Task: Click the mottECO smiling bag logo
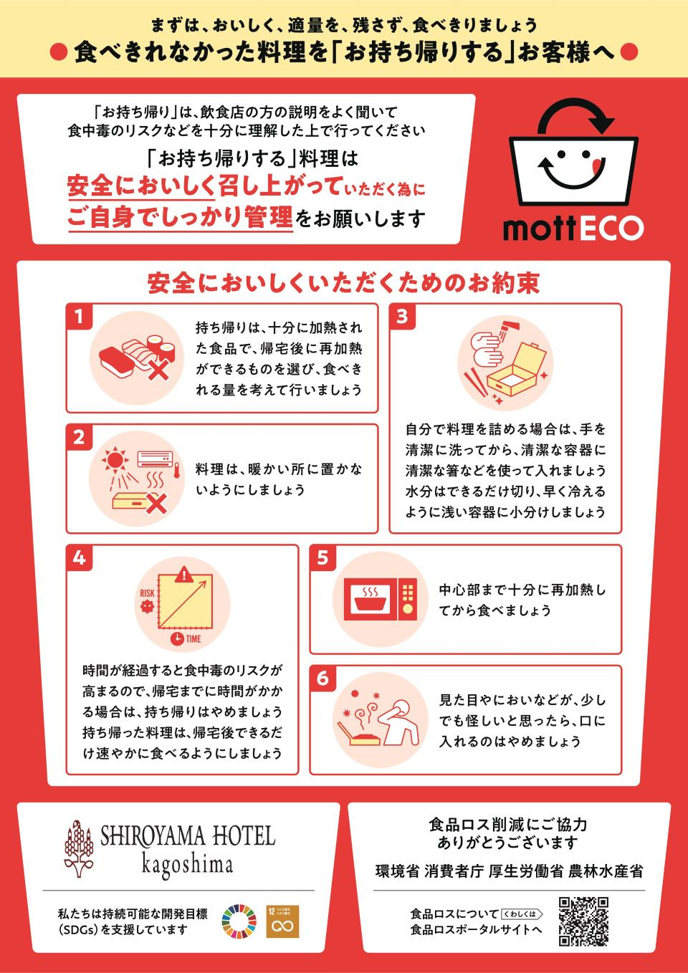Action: [x=573, y=152]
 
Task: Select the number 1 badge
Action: [x=79, y=317]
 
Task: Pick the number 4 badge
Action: [x=79, y=557]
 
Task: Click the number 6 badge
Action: [x=322, y=678]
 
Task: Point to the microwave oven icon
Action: [x=380, y=599]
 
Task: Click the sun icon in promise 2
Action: [x=115, y=459]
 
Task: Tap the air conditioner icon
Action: [x=155, y=459]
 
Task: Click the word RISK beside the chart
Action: [x=147, y=593]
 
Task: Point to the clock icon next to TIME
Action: [x=177, y=638]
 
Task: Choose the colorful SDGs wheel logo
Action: [x=239, y=921]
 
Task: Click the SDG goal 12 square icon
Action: [x=282, y=921]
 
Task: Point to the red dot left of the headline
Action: [x=59, y=52]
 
